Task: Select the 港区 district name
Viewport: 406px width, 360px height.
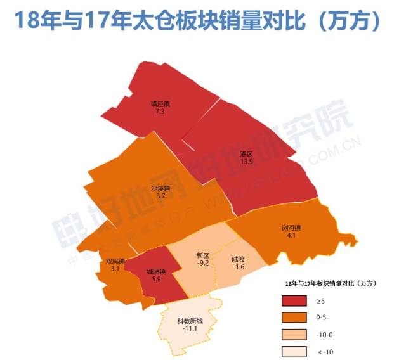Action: pos(247,154)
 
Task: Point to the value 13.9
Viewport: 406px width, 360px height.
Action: pos(247,162)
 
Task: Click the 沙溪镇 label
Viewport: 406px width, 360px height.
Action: pos(161,188)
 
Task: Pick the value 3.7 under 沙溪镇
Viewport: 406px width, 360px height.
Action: pos(160,196)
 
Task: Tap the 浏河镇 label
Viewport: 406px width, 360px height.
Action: pos(291,228)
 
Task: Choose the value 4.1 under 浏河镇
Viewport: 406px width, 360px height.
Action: pos(291,235)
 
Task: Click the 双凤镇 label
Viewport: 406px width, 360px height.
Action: pos(115,261)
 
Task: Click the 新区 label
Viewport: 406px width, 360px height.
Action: pos(202,255)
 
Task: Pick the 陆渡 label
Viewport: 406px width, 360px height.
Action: pos(239,259)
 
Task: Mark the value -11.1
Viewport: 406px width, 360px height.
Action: pos(190,329)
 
